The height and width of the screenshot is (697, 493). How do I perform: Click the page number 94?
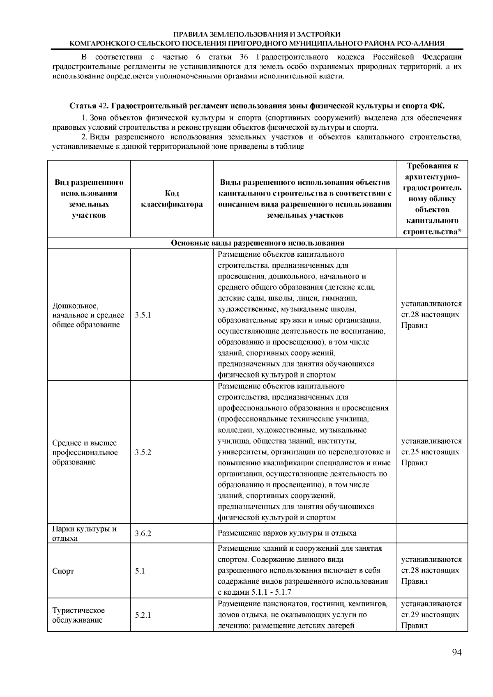click(457, 653)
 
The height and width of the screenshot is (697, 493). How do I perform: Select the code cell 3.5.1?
click(143, 315)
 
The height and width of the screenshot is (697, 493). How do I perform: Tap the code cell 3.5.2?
click(143, 452)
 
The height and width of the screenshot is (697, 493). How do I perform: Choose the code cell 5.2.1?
click(143, 615)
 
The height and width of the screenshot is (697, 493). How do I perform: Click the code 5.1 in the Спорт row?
click(140, 571)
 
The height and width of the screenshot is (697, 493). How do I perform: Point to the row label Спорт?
click(63, 571)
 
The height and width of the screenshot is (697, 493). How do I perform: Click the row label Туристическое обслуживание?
click(78, 615)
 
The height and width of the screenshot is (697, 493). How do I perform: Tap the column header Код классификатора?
click(172, 199)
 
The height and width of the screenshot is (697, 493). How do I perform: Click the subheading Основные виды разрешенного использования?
click(258, 243)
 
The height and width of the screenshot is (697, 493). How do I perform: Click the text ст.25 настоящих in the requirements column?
click(430, 452)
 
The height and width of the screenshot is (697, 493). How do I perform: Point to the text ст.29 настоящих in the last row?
click(430, 615)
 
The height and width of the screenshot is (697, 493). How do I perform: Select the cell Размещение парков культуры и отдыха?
click(287, 534)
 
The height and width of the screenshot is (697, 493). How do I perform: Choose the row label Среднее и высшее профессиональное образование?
click(85, 452)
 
